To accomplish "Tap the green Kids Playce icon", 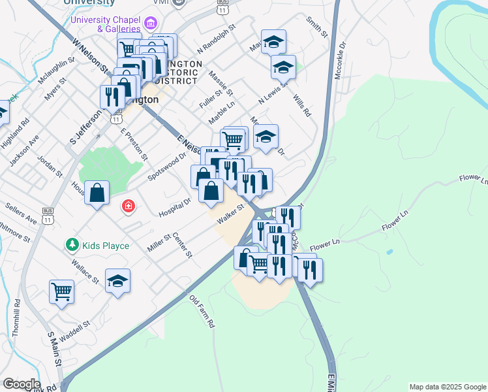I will coord(72,245).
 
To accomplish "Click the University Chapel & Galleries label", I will coord(105,24).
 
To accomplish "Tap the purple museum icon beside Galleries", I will coord(151,25).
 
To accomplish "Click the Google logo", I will coord(21,384).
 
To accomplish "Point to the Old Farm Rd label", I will coord(202,311).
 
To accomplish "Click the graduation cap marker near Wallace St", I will coord(117,281).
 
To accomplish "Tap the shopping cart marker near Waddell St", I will coord(62,291).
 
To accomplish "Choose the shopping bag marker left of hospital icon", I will coord(97,193).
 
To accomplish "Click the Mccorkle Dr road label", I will coord(339,61).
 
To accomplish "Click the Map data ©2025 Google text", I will coord(448,387).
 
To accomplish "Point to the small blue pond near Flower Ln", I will coord(389,252).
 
